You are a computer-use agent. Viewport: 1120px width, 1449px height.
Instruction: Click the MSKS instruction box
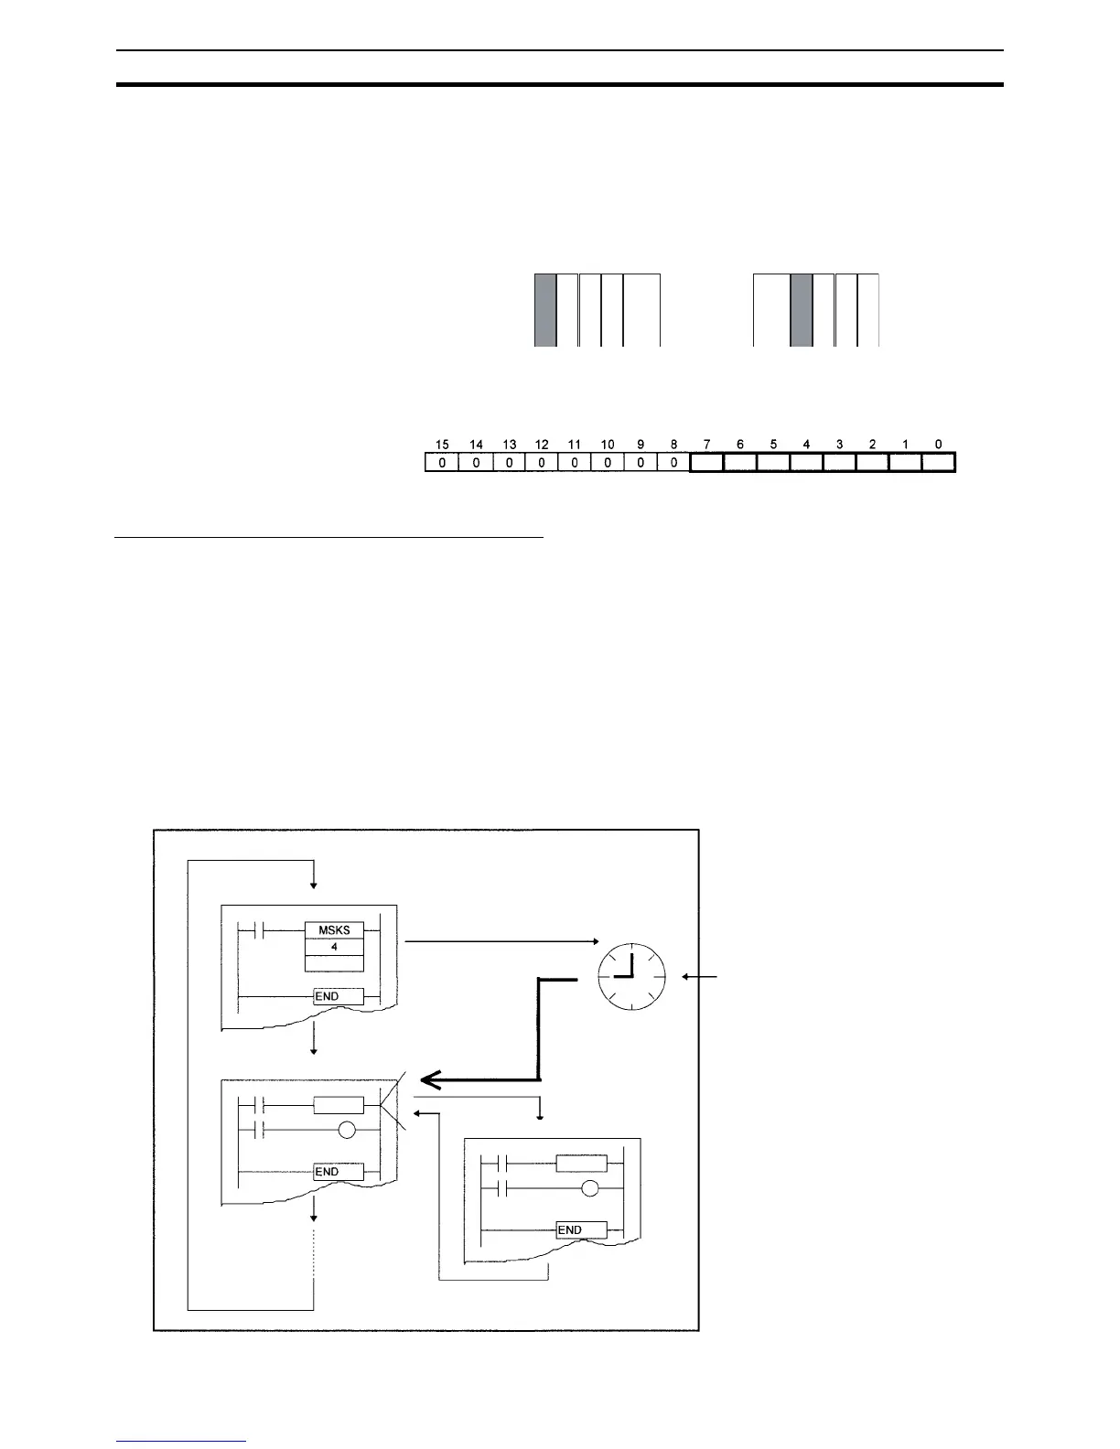334,930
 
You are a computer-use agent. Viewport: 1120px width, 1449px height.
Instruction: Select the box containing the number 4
334,947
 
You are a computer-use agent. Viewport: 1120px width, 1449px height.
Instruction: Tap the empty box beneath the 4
334,962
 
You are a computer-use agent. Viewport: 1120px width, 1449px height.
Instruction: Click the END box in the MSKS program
338,996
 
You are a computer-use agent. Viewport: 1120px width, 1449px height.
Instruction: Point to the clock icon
631,976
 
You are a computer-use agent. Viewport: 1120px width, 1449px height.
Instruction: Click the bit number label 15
443,445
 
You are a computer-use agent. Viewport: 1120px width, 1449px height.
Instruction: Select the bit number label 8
674,445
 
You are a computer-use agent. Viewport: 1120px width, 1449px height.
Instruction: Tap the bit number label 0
939,445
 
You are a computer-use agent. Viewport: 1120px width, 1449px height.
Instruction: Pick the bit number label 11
575,445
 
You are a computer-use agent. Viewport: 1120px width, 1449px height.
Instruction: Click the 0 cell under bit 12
542,463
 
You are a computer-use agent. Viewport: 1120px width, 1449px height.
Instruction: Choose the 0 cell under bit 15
443,463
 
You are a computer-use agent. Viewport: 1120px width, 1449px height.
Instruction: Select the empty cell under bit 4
806,463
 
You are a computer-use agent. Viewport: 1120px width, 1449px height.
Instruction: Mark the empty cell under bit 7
706,463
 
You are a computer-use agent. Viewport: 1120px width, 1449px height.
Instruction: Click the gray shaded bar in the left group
545,309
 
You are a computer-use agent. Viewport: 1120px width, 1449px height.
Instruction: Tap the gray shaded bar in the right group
802,309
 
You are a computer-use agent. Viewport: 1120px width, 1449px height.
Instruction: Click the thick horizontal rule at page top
560,85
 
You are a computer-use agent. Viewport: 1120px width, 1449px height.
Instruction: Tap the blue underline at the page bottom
181,1442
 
